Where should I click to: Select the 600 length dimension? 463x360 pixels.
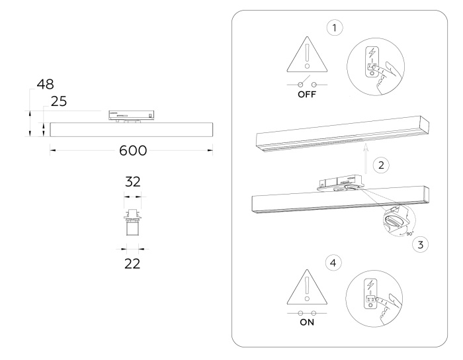[133, 150]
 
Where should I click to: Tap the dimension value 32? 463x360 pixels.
[133, 182]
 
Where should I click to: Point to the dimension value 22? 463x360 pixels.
[133, 263]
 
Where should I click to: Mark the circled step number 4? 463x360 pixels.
[335, 263]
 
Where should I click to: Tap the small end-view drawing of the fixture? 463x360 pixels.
[133, 222]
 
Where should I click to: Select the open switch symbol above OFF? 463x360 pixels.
[305, 85]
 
